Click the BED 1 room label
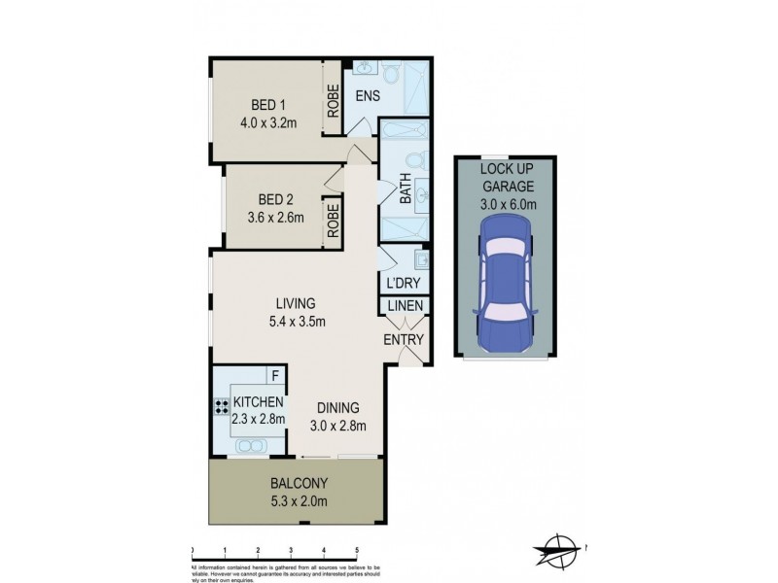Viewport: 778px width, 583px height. click(267, 105)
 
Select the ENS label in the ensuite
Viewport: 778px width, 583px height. click(368, 95)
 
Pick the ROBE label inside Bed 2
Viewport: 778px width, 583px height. click(333, 221)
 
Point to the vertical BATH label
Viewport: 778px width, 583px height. click(406, 189)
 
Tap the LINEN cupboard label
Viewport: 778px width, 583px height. click(406, 308)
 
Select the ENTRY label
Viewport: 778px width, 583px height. click(403, 339)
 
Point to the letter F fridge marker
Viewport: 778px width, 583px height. click(276, 375)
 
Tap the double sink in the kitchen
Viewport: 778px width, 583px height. click(251, 446)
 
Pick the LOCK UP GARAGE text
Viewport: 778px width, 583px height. click(506, 176)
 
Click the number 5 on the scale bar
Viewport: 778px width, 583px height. click(357, 549)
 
